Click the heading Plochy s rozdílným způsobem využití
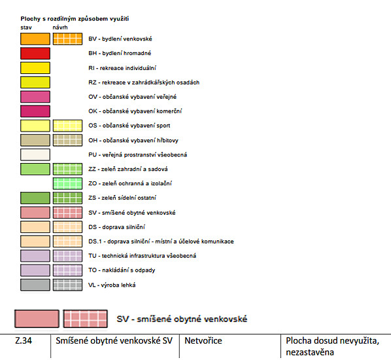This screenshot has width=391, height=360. [x=75, y=19]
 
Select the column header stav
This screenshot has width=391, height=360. [x=26, y=27]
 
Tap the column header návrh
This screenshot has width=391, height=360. [x=60, y=27]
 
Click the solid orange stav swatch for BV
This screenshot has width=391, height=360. [x=35, y=39]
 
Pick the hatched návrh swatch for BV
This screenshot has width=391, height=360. [x=67, y=39]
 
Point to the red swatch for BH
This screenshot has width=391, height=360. [x=35, y=54]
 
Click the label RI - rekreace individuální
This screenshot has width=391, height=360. [x=122, y=68]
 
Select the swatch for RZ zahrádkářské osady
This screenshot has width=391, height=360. [x=35, y=82]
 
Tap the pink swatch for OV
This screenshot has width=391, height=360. [x=35, y=97]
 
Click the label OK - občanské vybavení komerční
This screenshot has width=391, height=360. [x=135, y=111]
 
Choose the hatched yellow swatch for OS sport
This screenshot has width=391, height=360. [x=67, y=126]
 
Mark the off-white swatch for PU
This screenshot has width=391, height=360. [x=35, y=154]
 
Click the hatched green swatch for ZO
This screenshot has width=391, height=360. [x=67, y=183]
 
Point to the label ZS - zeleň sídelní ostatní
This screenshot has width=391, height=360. [x=122, y=198]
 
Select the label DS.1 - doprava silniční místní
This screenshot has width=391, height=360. [x=161, y=242]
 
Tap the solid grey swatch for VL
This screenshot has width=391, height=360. [x=35, y=285]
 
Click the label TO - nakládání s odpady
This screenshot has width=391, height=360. [x=122, y=270]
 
